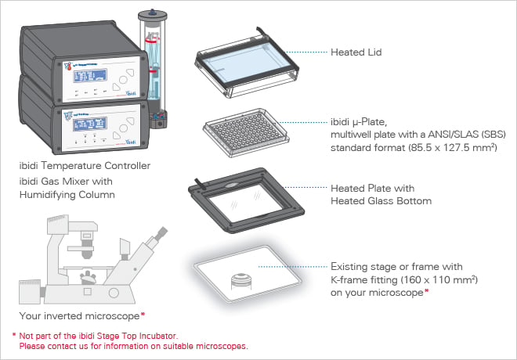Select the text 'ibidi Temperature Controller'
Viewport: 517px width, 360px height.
(x=86, y=166)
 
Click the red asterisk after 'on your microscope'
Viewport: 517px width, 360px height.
(x=426, y=291)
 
